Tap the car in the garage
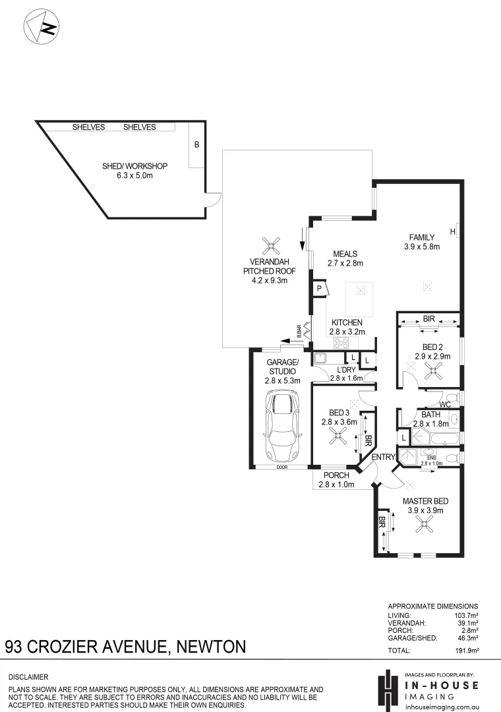[281, 427]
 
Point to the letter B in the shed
[196, 144]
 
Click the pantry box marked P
[319, 288]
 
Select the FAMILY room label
[421, 237]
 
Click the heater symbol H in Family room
[454, 231]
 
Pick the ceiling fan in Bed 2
[432, 372]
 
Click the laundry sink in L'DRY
[321, 359]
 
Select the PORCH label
[336, 475]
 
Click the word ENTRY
[382, 458]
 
